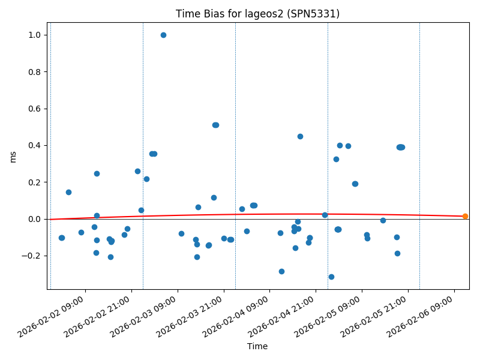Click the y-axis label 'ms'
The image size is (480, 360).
[13, 156]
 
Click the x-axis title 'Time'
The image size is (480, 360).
[257, 346]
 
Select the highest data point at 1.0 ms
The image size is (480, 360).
[163, 35]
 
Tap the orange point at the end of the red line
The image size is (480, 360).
[465, 216]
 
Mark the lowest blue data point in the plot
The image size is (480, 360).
[331, 277]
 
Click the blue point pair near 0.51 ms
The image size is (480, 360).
[215, 125]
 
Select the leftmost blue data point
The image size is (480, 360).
[61, 238]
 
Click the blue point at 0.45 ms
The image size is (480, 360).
[300, 136]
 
